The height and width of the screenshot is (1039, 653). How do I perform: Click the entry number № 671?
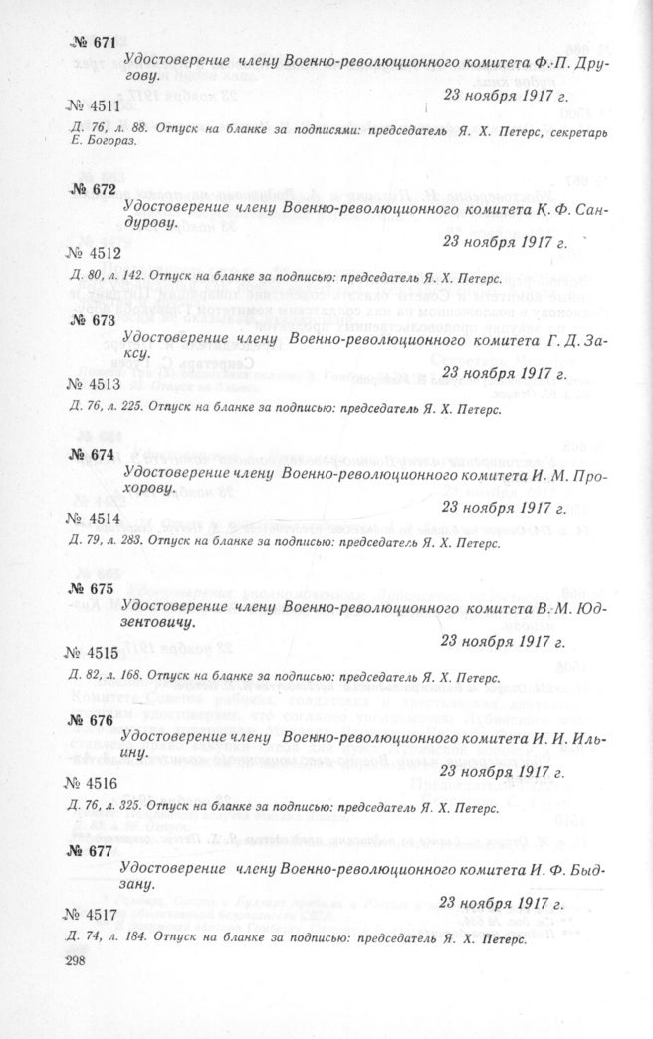tap(94, 43)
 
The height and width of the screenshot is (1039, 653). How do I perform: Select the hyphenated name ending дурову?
tap(151, 224)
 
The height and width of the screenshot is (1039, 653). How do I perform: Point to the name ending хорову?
tap(151, 490)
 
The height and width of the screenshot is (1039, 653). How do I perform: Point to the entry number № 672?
tap(95, 188)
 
